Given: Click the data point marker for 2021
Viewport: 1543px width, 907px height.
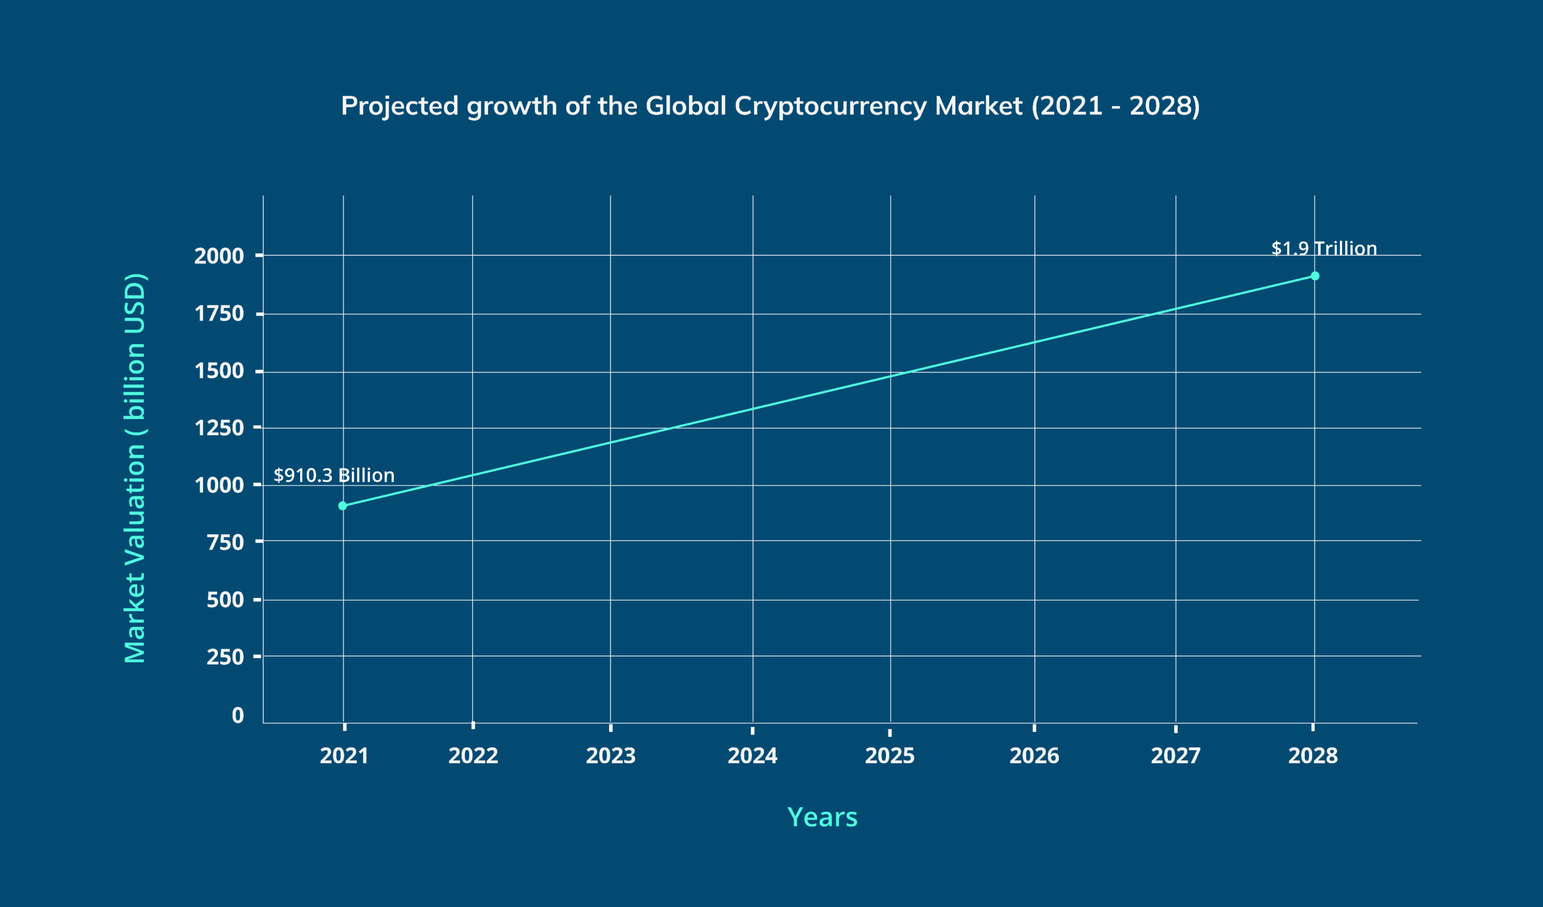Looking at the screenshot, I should [x=342, y=505].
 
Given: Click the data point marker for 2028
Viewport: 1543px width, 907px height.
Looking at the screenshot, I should [x=1314, y=276].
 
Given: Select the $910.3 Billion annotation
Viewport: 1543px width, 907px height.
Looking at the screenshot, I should [x=334, y=475].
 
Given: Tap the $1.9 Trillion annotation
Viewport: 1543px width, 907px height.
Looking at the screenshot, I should [x=1324, y=248].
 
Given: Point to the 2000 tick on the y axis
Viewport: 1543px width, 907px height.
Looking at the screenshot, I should [x=219, y=255].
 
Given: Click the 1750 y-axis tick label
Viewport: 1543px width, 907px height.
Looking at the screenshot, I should [x=219, y=313].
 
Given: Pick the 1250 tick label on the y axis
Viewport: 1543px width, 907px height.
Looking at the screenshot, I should [x=219, y=427].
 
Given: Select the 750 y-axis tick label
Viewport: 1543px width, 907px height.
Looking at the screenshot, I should [x=225, y=542].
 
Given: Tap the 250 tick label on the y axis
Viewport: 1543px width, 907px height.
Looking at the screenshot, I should [x=225, y=656].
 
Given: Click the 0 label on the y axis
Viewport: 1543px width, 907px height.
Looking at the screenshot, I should [x=238, y=715].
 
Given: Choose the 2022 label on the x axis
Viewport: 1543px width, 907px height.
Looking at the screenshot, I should [x=473, y=755].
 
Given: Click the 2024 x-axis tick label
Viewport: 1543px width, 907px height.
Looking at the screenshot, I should [x=752, y=755].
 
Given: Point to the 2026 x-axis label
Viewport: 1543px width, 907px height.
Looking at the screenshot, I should [x=1034, y=755].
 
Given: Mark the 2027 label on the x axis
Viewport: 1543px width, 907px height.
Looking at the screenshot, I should [x=1175, y=755].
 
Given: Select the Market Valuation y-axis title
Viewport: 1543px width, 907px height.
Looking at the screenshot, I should [x=135, y=468].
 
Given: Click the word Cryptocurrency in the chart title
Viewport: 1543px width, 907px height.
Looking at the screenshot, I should [x=830, y=106].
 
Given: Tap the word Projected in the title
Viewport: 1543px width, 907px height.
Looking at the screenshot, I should [x=399, y=106].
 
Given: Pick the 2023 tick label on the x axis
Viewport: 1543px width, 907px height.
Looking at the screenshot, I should [x=611, y=755].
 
